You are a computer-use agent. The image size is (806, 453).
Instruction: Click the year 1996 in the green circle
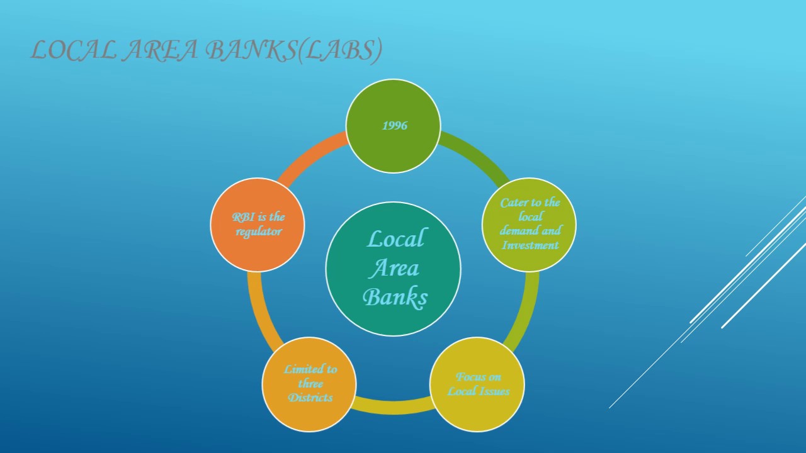coord(395,126)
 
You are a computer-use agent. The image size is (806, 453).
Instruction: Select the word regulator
coord(258,232)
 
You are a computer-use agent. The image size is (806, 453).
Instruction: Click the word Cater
coord(513,203)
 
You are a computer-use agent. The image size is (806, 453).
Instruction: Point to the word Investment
coord(530,245)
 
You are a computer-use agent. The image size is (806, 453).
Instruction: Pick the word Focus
coord(470,377)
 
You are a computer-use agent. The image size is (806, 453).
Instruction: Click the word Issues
coord(494,391)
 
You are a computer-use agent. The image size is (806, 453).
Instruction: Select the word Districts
coord(310,398)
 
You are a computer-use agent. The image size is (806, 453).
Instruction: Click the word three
coord(310,384)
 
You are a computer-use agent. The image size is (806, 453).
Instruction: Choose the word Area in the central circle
coord(394,269)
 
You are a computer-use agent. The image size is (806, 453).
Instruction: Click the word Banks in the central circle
coord(395,297)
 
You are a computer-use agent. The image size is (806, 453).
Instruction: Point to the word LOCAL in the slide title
coord(73,50)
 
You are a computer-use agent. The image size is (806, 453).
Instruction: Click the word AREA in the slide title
coord(160,50)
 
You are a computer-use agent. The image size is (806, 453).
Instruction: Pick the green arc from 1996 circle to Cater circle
coord(477,155)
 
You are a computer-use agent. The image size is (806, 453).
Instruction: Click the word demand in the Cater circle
coord(516,231)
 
